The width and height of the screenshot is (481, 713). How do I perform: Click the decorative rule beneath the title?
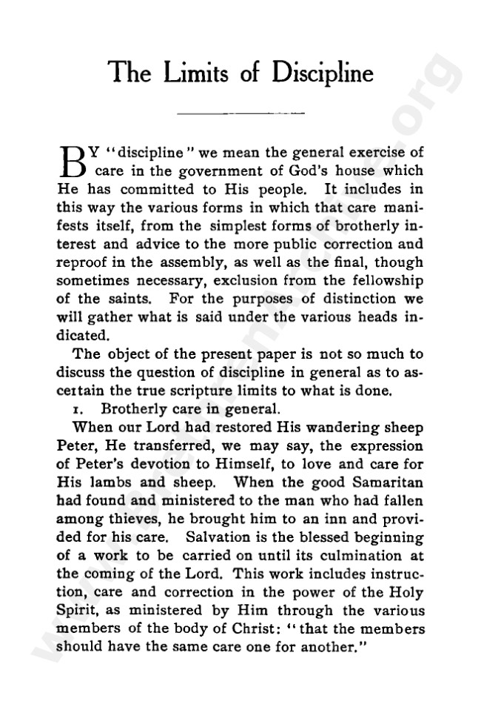[241, 113]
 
